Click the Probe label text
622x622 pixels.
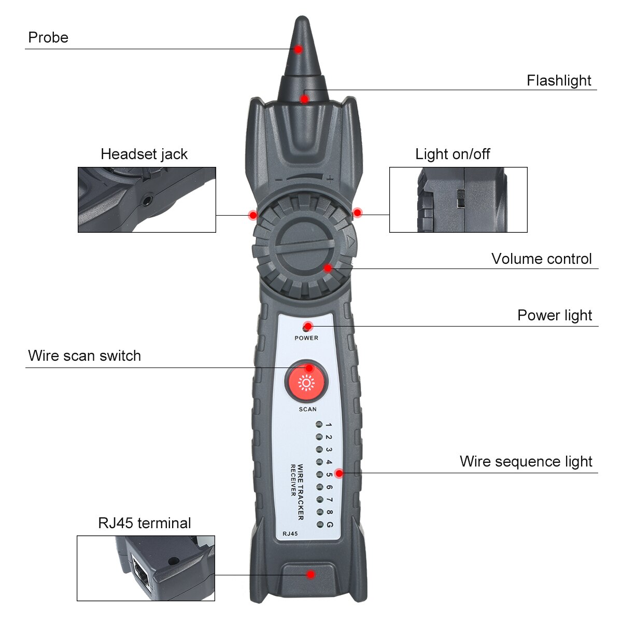point(48,38)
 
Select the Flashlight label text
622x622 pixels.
point(559,81)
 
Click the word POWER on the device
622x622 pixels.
point(306,338)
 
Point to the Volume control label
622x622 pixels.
point(541,259)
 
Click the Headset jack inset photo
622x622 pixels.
point(147,200)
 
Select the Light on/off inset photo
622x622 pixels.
point(458,200)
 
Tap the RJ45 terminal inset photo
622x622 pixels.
point(146,568)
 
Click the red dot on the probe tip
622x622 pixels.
point(299,49)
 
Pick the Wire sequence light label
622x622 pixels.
point(526,462)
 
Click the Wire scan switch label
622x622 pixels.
point(84,356)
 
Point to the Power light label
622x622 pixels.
point(554,316)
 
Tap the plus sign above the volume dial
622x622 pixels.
point(330,179)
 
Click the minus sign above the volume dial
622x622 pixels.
point(279,179)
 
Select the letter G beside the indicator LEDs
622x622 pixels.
point(329,525)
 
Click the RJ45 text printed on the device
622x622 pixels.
point(290,533)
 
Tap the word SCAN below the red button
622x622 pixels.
point(307,409)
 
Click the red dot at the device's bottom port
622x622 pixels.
point(310,574)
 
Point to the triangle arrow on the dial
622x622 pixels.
point(350,242)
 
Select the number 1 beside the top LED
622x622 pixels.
point(329,426)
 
